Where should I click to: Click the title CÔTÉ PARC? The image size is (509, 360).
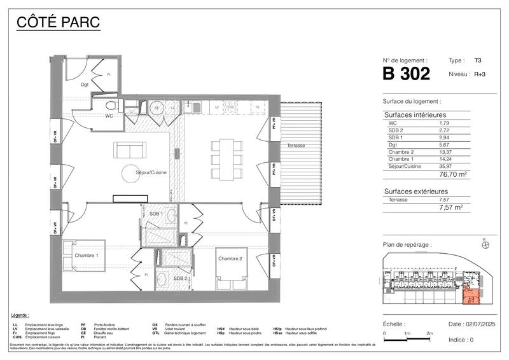point(57,24)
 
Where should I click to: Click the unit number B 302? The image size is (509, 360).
point(406,74)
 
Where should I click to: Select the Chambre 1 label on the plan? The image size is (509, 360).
point(87,255)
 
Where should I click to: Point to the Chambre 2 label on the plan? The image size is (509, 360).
point(230,258)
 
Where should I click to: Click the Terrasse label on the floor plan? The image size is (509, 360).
point(295,146)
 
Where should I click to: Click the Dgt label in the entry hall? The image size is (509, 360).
point(84,84)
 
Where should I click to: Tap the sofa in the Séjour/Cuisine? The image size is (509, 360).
point(130,150)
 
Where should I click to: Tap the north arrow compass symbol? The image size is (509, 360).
point(485,244)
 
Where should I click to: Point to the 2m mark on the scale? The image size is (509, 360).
point(430,333)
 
